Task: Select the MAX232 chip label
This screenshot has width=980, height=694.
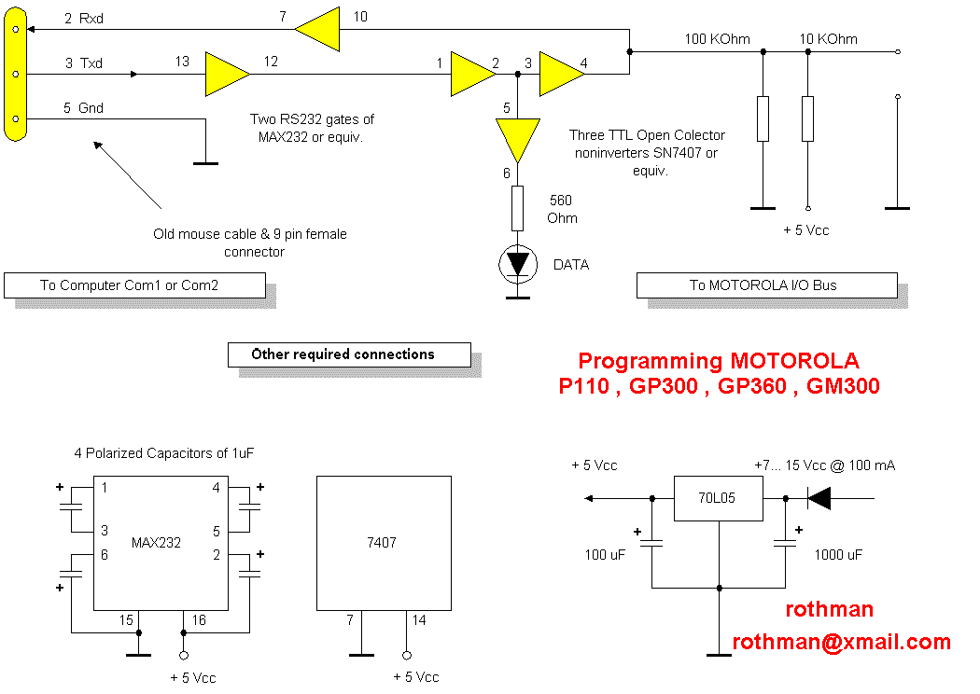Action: [x=156, y=542]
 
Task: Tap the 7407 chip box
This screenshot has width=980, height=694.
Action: [x=384, y=542]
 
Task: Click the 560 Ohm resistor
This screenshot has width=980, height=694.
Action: [x=517, y=207]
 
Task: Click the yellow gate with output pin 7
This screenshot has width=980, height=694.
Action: [x=317, y=30]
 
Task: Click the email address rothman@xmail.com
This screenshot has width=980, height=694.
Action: [x=841, y=642]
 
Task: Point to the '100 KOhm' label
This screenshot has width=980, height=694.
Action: [x=717, y=39]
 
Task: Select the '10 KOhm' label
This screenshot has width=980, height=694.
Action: [x=828, y=39]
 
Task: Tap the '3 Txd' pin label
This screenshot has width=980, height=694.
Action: [x=84, y=63]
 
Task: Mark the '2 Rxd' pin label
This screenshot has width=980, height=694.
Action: [x=84, y=19]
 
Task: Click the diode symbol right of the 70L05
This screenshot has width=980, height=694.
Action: [x=819, y=498]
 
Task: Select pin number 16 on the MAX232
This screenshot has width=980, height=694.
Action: [x=198, y=620]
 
